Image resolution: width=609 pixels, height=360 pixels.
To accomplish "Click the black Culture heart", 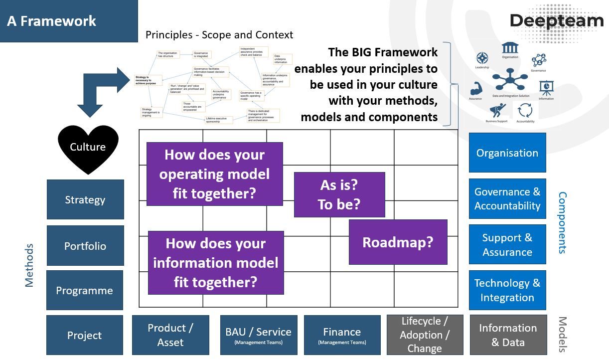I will tap(88, 148).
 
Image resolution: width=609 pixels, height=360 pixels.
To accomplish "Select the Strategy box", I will tap(85, 199).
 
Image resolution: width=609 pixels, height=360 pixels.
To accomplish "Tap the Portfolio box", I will tap(85, 246).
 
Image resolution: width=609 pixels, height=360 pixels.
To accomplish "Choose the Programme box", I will tap(85, 290).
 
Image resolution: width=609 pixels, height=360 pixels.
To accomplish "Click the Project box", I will tap(85, 335).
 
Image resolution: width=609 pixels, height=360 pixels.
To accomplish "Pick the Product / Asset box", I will tap(170, 335).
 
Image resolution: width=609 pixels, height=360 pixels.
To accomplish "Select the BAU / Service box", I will tap(258, 335).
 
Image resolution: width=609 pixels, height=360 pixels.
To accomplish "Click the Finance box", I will tap(342, 335).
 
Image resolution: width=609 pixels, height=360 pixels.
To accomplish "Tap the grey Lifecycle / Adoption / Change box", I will tap(425, 335).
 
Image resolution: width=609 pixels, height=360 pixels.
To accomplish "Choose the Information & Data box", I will tap(508, 335).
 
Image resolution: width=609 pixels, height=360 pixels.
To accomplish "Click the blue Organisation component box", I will tap(507, 153).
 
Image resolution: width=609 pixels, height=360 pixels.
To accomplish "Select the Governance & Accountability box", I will tap(507, 198).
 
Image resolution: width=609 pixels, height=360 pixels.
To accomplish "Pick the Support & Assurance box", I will tap(507, 244).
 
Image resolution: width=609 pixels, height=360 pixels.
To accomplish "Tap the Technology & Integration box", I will tap(507, 290).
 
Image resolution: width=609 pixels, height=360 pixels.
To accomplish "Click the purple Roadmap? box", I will tap(398, 242).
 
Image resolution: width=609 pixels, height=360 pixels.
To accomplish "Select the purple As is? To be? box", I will tap(339, 194).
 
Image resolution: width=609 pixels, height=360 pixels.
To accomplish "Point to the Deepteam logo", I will tap(556, 21).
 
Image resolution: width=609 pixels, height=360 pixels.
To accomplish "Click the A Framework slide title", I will tap(52, 21).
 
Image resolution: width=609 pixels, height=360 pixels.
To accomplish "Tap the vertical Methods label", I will tap(29, 265).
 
